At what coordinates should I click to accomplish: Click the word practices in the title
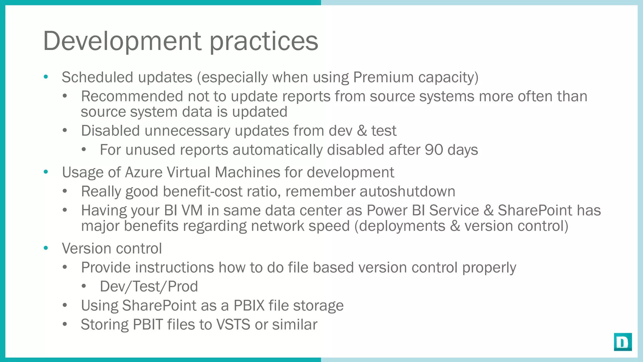264,41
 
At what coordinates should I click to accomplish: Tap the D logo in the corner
623,342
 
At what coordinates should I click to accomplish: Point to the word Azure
143,173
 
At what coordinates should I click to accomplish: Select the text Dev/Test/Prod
149,287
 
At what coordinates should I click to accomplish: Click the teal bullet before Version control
46,248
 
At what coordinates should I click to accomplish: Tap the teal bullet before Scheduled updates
46,77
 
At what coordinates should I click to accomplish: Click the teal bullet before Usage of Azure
46,172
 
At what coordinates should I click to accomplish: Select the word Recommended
132,96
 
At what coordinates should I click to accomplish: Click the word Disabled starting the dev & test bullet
110,131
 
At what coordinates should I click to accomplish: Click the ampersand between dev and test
362,131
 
